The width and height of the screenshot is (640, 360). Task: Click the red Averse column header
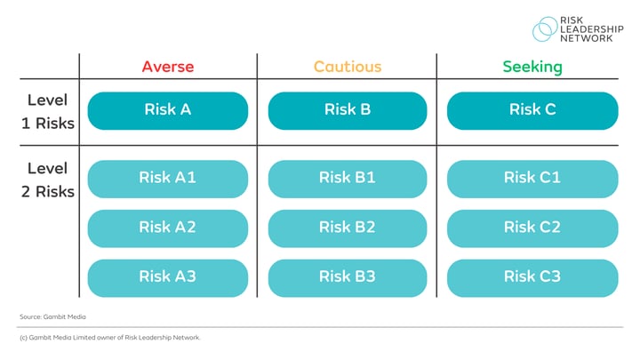[167, 67]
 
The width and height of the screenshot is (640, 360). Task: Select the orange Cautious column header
[347, 67]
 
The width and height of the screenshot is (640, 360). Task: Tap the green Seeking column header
[532, 67]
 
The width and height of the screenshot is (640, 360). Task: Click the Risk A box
[167, 110]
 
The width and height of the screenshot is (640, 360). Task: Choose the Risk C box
[532, 110]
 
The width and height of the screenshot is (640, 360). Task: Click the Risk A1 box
[167, 178]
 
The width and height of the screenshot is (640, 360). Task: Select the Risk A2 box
[167, 228]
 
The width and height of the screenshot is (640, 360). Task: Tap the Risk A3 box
[167, 276]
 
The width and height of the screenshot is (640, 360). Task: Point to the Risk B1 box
[347, 178]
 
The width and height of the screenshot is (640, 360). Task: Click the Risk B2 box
[347, 228]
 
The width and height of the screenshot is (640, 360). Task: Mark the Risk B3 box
[347, 276]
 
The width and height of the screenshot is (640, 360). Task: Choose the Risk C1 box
[532, 178]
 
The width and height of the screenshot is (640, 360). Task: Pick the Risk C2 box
[532, 228]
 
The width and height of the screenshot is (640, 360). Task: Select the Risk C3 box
[532, 276]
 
